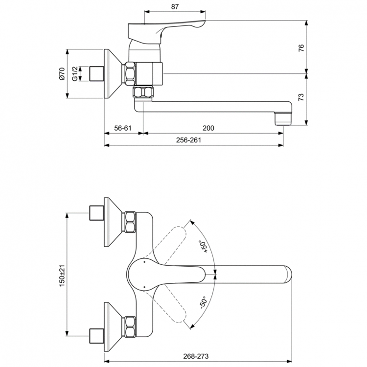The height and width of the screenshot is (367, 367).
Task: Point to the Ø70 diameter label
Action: [62, 74]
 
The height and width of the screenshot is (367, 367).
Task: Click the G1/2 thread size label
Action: [75, 74]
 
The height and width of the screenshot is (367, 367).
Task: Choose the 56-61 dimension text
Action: [123, 128]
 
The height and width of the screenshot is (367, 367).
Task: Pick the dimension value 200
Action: [208, 128]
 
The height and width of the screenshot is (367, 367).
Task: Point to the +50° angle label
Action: [203, 246]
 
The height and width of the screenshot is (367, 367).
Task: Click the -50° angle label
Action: [203, 302]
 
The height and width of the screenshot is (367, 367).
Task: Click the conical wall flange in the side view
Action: [114, 73]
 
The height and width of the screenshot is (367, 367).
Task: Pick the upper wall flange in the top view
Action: [114, 222]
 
